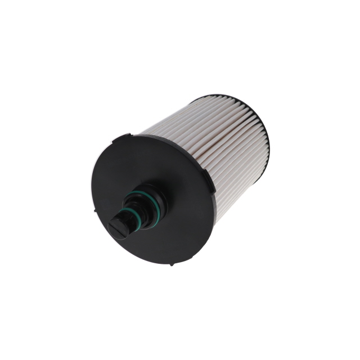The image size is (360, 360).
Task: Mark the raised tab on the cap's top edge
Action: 124,136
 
